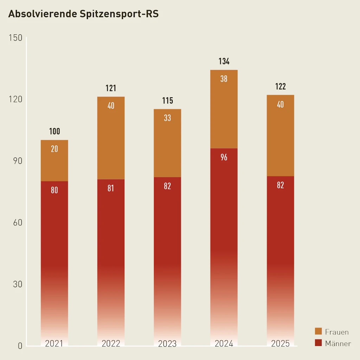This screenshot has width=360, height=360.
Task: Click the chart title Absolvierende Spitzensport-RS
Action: coord(83,14)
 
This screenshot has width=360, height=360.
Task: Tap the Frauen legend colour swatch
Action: coord(318,331)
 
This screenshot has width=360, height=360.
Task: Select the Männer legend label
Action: coord(338,343)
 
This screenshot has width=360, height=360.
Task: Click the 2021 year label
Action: coord(54,343)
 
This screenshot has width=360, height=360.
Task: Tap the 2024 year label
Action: coord(224,343)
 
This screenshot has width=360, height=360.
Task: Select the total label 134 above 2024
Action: coord(224,62)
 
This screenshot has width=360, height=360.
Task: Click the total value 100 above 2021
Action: coord(54,131)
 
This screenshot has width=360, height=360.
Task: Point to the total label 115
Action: coord(167,101)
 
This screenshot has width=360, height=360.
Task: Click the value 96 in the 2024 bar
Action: coord(224,157)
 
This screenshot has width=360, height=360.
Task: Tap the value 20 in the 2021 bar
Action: coord(54,149)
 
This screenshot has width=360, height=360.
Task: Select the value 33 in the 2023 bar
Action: coord(167,118)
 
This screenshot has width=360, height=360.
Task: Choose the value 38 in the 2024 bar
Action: coord(224,79)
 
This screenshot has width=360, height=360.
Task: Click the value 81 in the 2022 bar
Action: coord(111,188)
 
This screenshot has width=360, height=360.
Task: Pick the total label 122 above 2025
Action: coord(280,86)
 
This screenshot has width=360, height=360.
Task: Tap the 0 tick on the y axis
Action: coord(20,346)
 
